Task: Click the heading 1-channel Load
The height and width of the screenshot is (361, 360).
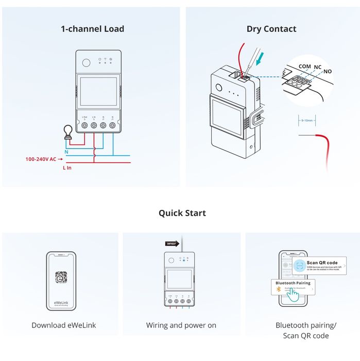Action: [x=92, y=29]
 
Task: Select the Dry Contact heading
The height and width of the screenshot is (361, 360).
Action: [x=271, y=29]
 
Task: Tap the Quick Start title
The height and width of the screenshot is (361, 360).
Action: [x=182, y=213]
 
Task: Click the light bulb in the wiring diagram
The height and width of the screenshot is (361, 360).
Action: [x=66, y=133]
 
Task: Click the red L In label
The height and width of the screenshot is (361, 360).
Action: [x=67, y=168]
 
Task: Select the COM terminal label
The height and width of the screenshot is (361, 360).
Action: [x=304, y=67]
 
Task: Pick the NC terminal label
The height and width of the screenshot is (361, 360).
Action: [x=318, y=67]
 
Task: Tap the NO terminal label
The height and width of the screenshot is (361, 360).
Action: [x=328, y=71]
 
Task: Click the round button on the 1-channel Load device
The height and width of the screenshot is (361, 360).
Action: [x=86, y=62]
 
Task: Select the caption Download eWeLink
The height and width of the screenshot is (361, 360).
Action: [x=64, y=325]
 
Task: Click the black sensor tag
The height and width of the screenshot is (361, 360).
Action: [x=172, y=243]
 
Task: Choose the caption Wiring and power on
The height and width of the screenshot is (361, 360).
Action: [x=181, y=325]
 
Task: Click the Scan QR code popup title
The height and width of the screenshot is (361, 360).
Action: [x=322, y=263]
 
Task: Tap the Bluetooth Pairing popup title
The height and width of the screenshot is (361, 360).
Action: [x=293, y=283]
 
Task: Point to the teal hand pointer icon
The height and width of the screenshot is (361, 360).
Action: [x=293, y=294]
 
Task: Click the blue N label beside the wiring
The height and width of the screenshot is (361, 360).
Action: [x=66, y=152]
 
